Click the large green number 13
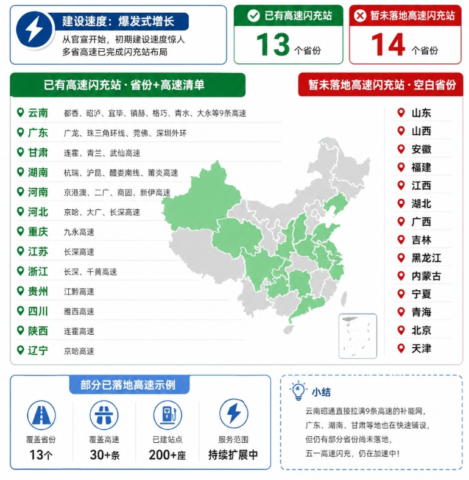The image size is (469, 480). click(272, 44)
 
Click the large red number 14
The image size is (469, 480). click(387, 44)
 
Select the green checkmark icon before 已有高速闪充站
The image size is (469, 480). click(253, 16)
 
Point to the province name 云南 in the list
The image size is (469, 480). click(38, 113)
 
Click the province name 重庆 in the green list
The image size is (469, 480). click(38, 232)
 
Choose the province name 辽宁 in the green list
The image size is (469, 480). click(38, 351)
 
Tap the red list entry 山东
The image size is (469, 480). click(421, 113)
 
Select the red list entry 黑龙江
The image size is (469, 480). click(426, 258)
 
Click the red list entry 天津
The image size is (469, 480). click(421, 349)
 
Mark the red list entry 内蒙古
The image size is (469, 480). click(426, 276)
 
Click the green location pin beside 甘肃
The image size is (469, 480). click(21, 152)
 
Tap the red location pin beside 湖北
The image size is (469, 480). click(401, 203)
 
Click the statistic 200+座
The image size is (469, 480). click(167, 455)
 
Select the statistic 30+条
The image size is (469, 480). click(104, 455)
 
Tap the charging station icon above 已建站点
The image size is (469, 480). click(167, 415)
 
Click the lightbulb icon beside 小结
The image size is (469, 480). click(298, 390)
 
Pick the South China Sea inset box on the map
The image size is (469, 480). click(358, 335)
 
